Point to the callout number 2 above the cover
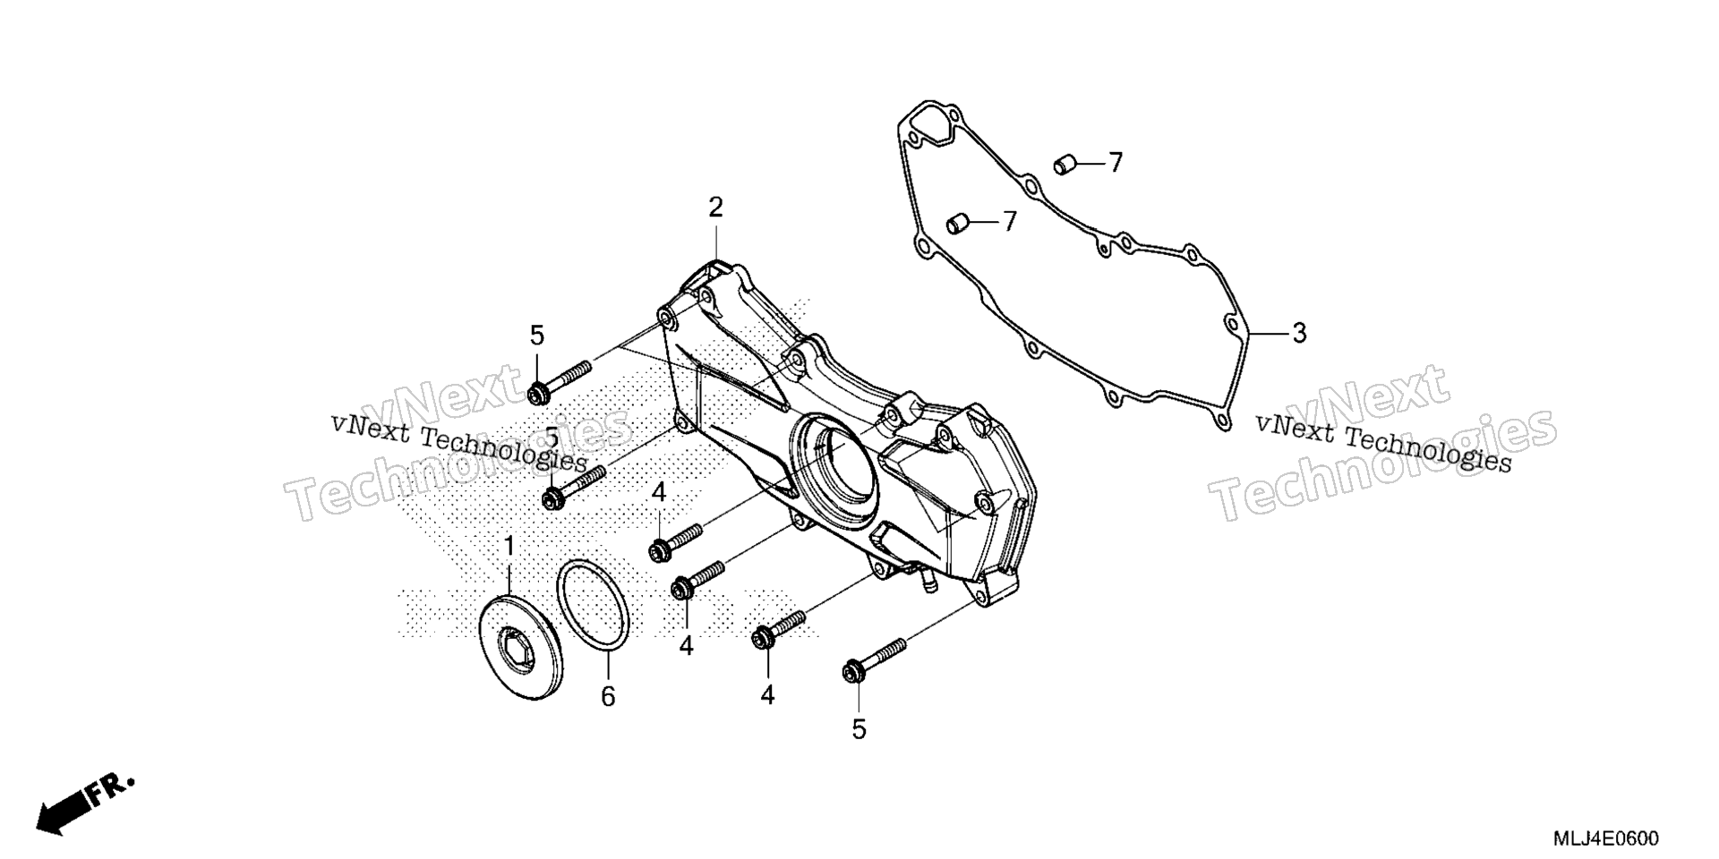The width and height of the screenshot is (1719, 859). click(x=715, y=208)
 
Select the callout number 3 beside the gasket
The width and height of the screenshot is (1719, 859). click(x=1299, y=333)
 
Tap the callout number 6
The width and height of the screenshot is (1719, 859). click(x=608, y=696)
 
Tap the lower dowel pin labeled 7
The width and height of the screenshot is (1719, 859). click(x=958, y=222)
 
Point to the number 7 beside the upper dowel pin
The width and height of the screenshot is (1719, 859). click(x=1115, y=163)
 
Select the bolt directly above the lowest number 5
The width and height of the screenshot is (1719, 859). click(x=874, y=659)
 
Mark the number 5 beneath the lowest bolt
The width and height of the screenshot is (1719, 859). click(x=859, y=730)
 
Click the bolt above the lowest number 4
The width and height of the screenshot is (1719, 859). click(x=780, y=627)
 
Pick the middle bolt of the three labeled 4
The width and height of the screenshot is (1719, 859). click(x=697, y=579)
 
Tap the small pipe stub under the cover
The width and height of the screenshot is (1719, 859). click(x=922, y=582)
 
